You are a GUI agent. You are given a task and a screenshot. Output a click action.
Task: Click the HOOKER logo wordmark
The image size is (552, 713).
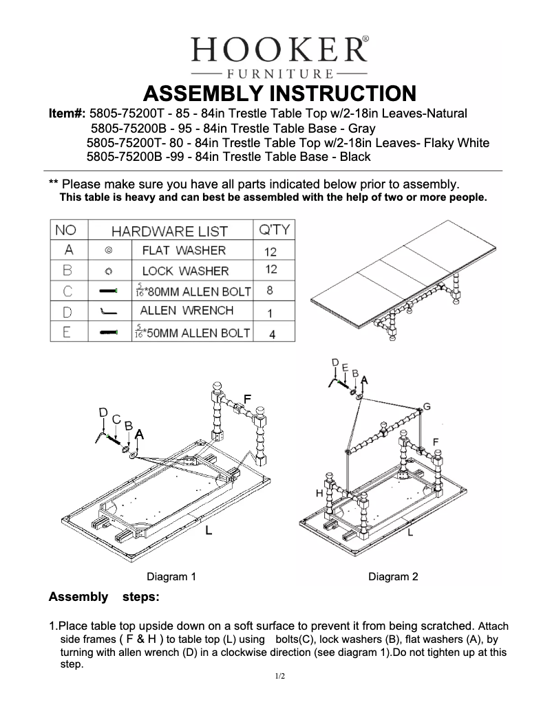[x=279, y=49]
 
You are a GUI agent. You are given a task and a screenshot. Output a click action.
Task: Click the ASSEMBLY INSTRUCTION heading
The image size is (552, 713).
[x=279, y=93]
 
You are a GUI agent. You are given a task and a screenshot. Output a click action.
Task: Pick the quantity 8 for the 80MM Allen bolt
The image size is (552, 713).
[x=270, y=291]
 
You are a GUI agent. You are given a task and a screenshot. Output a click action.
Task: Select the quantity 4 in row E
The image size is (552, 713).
[x=272, y=334]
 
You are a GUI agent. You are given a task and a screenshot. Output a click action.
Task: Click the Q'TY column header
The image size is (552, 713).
[x=274, y=229]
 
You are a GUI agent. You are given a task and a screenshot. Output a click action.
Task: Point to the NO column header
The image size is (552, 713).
[x=66, y=229]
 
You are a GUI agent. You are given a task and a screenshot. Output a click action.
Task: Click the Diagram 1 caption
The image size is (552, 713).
[x=171, y=577]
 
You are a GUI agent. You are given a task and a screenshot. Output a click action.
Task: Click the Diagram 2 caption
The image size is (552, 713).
[x=393, y=577]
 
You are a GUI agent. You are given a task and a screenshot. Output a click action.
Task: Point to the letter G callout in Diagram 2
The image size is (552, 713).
[x=427, y=407]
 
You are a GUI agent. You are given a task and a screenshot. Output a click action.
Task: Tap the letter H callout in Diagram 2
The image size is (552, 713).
[x=319, y=493]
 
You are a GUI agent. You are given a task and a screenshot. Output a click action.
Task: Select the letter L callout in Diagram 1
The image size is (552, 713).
[x=208, y=530]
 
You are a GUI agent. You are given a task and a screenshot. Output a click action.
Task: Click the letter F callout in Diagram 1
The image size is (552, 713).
[x=247, y=399]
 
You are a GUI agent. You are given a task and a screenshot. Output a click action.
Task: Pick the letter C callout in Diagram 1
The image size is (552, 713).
[x=116, y=419]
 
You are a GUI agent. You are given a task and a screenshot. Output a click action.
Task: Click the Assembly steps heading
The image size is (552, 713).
[x=104, y=597]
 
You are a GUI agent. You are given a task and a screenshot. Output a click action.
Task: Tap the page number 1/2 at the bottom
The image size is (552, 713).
[x=279, y=677]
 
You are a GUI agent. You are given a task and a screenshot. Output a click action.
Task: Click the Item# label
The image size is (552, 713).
[x=67, y=113]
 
